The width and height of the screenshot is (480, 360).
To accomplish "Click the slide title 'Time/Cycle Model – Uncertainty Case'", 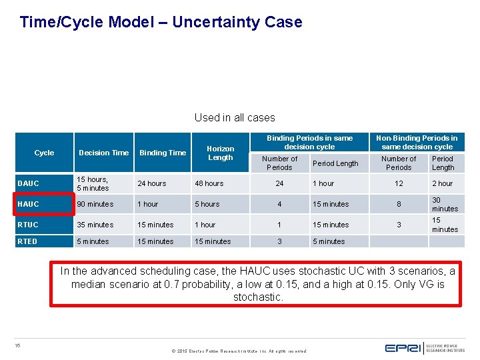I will tap(161, 22).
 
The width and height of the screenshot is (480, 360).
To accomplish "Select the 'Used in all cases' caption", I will tap(235, 117).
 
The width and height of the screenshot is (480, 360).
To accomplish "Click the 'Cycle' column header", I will tap(44, 153).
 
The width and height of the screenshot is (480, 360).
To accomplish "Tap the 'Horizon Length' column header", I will tap(220, 153).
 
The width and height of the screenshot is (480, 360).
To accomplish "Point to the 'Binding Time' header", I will tap(162, 153).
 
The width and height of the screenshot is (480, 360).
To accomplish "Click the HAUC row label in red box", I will tap(29, 204).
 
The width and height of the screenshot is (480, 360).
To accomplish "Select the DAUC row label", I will tap(29, 183).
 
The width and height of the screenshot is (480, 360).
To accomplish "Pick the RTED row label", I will tap(29, 241).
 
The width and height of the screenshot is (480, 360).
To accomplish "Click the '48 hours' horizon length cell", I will tap(209, 183).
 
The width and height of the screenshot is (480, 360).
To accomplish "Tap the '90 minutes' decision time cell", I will tap(95, 204).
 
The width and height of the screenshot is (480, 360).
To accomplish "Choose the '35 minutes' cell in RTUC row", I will tap(95, 225).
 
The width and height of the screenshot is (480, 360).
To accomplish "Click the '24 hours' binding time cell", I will tap(151, 183).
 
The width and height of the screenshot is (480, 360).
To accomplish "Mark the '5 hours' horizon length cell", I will tap(207, 204).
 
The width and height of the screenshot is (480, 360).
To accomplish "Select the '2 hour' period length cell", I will tap(442, 183).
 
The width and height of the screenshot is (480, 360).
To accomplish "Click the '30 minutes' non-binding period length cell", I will tap(445, 205).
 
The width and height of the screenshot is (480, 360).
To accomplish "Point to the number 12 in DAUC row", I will tap(399, 183).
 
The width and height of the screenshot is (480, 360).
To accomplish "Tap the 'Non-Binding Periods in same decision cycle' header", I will tap(417, 142).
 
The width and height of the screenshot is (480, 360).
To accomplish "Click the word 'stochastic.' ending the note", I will tap(257, 297).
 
